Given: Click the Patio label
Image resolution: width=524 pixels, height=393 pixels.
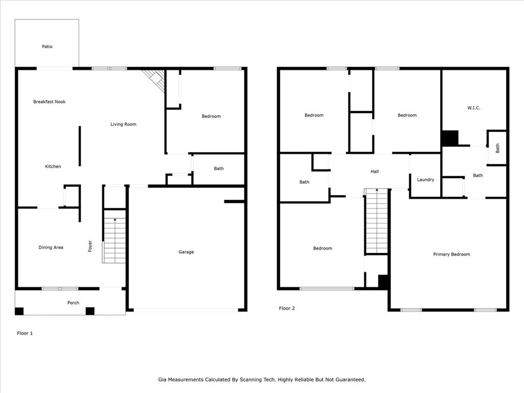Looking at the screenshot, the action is [x=47, y=47].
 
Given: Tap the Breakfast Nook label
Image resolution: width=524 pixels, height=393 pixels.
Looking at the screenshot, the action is [x=50, y=102].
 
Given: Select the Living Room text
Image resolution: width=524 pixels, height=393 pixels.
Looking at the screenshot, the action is [x=123, y=124].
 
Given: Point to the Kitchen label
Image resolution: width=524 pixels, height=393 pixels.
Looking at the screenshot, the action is [x=53, y=166].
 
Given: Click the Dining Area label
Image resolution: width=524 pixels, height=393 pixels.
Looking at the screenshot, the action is [x=51, y=248].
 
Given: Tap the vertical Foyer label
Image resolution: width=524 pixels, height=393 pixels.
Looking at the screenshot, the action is [x=90, y=246].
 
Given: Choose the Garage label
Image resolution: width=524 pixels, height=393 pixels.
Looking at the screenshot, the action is [x=186, y=252].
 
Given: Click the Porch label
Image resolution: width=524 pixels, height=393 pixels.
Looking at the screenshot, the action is [x=73, y=303].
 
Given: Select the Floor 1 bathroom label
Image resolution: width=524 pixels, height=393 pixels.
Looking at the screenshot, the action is [x=219, y=168].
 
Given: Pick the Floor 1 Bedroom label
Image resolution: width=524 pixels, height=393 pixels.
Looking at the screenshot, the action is [x=211, y=116].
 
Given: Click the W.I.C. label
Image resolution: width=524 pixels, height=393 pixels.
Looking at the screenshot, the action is [x=474, y=108].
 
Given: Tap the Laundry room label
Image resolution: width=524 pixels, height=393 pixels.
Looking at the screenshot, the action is [x=426, y=180].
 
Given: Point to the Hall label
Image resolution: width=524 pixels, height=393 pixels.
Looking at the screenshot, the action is [x=375, y=171].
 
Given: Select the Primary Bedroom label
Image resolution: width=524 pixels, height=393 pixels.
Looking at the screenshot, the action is [x=451, y=254].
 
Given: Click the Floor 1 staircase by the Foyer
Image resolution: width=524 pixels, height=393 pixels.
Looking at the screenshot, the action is [x=114, y=236].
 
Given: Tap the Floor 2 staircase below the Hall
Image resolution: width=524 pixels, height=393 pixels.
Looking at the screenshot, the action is [x=377, y=221].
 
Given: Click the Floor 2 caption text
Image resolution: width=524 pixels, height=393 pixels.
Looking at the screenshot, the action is [x=287, y=309].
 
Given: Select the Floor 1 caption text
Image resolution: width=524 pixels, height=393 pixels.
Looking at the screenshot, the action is [x=25, y=333].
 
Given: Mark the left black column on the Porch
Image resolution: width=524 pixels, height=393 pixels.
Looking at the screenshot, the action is [x=19, y=311].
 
